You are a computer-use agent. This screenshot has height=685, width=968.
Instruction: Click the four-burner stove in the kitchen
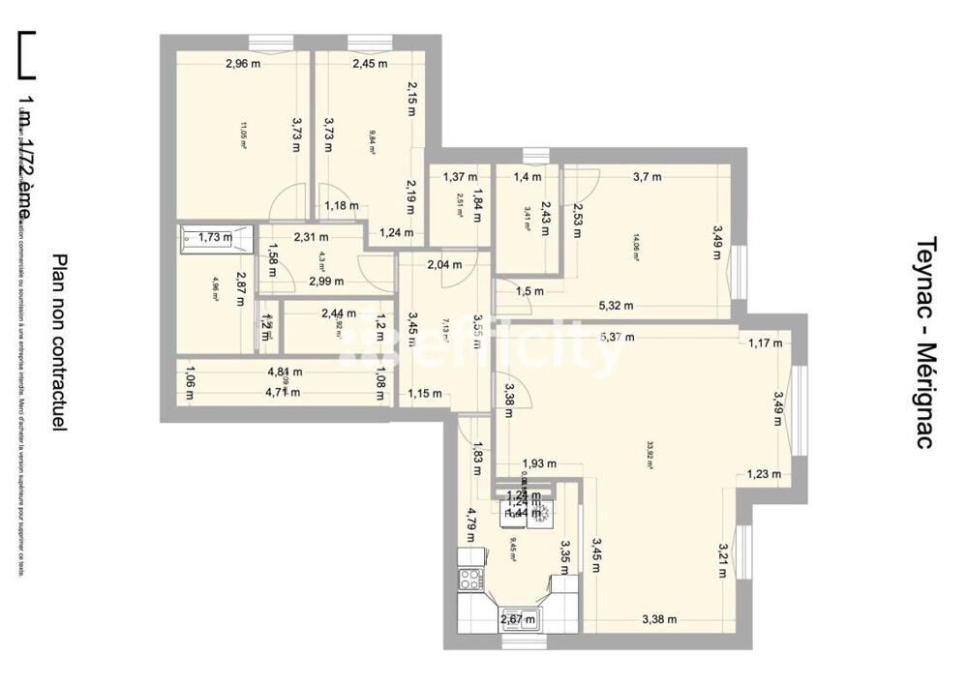[x=470, y=580]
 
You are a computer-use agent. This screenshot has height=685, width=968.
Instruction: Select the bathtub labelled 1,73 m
[x=215, y=237]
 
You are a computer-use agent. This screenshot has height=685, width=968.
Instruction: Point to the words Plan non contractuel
[x=60, y=342]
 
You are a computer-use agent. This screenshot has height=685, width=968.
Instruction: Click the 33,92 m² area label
[x=650, y=455]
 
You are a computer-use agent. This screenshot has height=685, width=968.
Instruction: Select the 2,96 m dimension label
[x=243, y=65]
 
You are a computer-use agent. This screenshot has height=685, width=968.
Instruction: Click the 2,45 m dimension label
[x=370, y=65]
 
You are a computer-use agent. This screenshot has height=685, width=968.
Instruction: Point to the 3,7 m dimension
[x=648, y=177]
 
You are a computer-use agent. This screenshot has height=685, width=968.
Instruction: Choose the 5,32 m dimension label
[x=616, y=307]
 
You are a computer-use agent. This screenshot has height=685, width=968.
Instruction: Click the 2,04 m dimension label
[x=445, y=265]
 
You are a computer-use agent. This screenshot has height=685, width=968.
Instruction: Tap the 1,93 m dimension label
[x=539, y=463]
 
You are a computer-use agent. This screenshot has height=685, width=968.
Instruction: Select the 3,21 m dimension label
[x=722, y=559]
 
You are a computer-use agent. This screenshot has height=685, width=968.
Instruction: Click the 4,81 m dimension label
[x=285, y=372]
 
